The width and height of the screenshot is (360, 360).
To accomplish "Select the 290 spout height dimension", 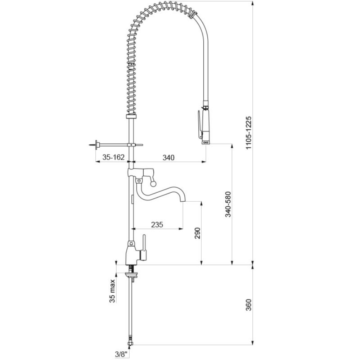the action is point(198,233).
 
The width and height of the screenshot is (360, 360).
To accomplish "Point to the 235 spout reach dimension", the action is point(157,224).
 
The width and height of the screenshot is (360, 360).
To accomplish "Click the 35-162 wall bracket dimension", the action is point(113,157).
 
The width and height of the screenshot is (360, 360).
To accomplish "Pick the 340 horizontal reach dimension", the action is point(169,158).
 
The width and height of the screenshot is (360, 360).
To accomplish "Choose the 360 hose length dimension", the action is point(249,305).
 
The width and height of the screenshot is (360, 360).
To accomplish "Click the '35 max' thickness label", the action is point(112,291).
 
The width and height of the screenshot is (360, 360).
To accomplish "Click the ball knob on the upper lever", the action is point(153,183).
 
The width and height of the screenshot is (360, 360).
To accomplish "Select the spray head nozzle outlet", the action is point(206,142).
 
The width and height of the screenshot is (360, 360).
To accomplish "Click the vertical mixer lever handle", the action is point(144,248).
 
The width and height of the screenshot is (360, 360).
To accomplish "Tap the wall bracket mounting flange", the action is point(97,145).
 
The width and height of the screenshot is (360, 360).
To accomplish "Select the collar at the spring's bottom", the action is point(133,117).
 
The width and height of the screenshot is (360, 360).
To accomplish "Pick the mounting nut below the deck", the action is point(131,274).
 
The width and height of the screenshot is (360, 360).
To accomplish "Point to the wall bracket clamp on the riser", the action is point(131,145).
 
